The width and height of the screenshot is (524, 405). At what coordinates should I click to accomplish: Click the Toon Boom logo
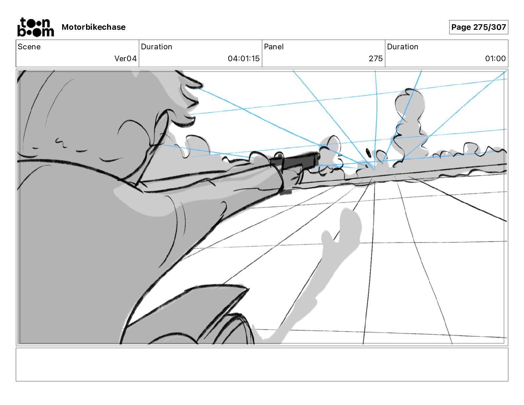point(35,27)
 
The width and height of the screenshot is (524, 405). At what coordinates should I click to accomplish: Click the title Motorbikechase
point(94,27)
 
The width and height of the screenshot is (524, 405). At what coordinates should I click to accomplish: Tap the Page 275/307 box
point(478,27)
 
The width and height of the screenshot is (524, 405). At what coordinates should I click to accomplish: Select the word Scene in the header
point(29,47)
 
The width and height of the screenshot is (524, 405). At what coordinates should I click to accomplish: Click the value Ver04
point(125,59)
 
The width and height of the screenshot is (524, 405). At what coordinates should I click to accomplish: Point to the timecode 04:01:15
point(243,59)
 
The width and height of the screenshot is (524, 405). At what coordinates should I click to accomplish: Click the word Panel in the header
point(274,47)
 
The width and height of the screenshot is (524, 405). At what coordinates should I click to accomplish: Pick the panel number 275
point(375,59)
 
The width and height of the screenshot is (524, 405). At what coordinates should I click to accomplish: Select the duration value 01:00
point(495,59)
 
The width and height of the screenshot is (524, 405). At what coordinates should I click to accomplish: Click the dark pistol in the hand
point(294,161)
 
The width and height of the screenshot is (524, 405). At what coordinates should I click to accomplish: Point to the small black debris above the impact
point(368,153)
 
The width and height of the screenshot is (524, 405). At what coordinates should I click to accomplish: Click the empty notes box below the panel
point(262,364)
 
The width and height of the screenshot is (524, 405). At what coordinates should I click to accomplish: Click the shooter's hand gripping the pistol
point(291,177)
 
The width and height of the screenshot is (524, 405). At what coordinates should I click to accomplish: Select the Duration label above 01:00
point(403,47)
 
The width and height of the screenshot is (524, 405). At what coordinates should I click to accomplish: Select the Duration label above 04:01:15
point(156,47)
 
